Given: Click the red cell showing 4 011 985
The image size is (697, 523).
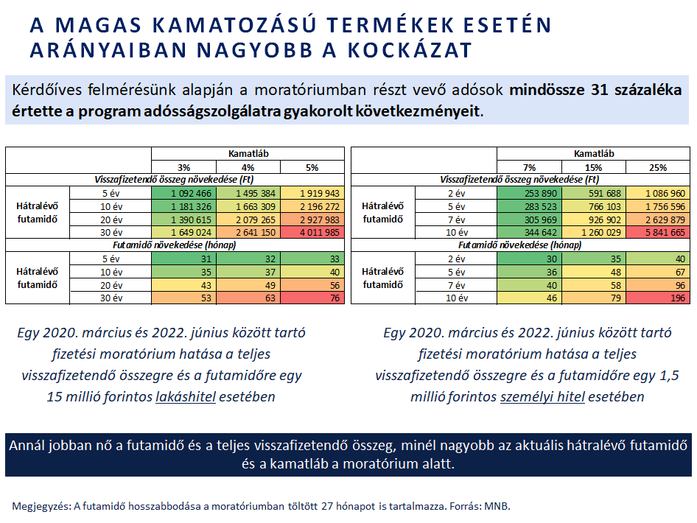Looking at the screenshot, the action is [x=312, y=232].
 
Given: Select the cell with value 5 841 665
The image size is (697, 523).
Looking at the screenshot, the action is [x=658, y=232].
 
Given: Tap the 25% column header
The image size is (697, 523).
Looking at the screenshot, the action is [x=658, y=167].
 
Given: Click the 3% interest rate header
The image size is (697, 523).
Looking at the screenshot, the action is [x=184, y=167].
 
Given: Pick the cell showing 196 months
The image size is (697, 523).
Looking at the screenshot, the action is [x=658, y=298].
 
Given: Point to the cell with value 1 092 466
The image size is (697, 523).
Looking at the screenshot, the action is [x=184, y=193].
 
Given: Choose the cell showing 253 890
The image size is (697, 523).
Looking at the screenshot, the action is [x=530, y=193].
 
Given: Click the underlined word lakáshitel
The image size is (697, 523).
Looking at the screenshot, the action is [x=186, y=396].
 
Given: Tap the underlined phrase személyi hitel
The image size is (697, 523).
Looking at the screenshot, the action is [x=542, y=396].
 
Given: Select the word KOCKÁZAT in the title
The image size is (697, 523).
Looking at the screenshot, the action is [x=410, y=50].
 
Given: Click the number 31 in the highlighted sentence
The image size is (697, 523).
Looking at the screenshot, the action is [x=599, y=90].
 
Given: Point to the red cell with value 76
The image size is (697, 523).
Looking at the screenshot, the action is [x=312, y=298].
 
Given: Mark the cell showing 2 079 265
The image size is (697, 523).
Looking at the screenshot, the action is [x=248, y=220].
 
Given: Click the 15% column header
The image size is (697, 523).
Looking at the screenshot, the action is [x=593, y=167].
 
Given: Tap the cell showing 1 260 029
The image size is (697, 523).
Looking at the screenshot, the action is [x=593, y=232].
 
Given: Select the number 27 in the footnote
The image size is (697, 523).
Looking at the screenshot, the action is [x=326, y=506].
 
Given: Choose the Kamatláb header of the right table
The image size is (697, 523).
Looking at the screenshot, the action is [x=593, y=154].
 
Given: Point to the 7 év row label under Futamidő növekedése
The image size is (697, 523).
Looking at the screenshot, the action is [x=457, y=285].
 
